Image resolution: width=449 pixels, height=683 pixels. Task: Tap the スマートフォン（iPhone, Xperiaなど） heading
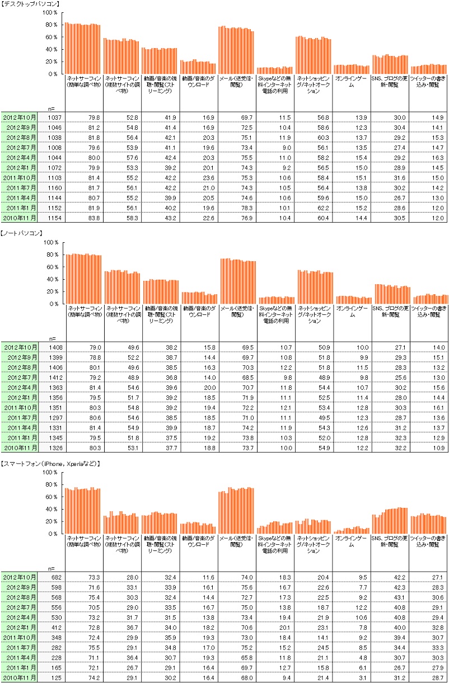(51, 463)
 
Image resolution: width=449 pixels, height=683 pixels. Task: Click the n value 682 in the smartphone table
(54, 577)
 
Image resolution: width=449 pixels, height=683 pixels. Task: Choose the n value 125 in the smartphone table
(54, 677)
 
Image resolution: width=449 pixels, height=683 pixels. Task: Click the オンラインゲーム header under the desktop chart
(352, 82)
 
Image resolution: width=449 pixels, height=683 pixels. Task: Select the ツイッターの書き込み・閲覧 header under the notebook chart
(429, 311)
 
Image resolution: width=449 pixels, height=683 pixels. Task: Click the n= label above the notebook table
(52, 338)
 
